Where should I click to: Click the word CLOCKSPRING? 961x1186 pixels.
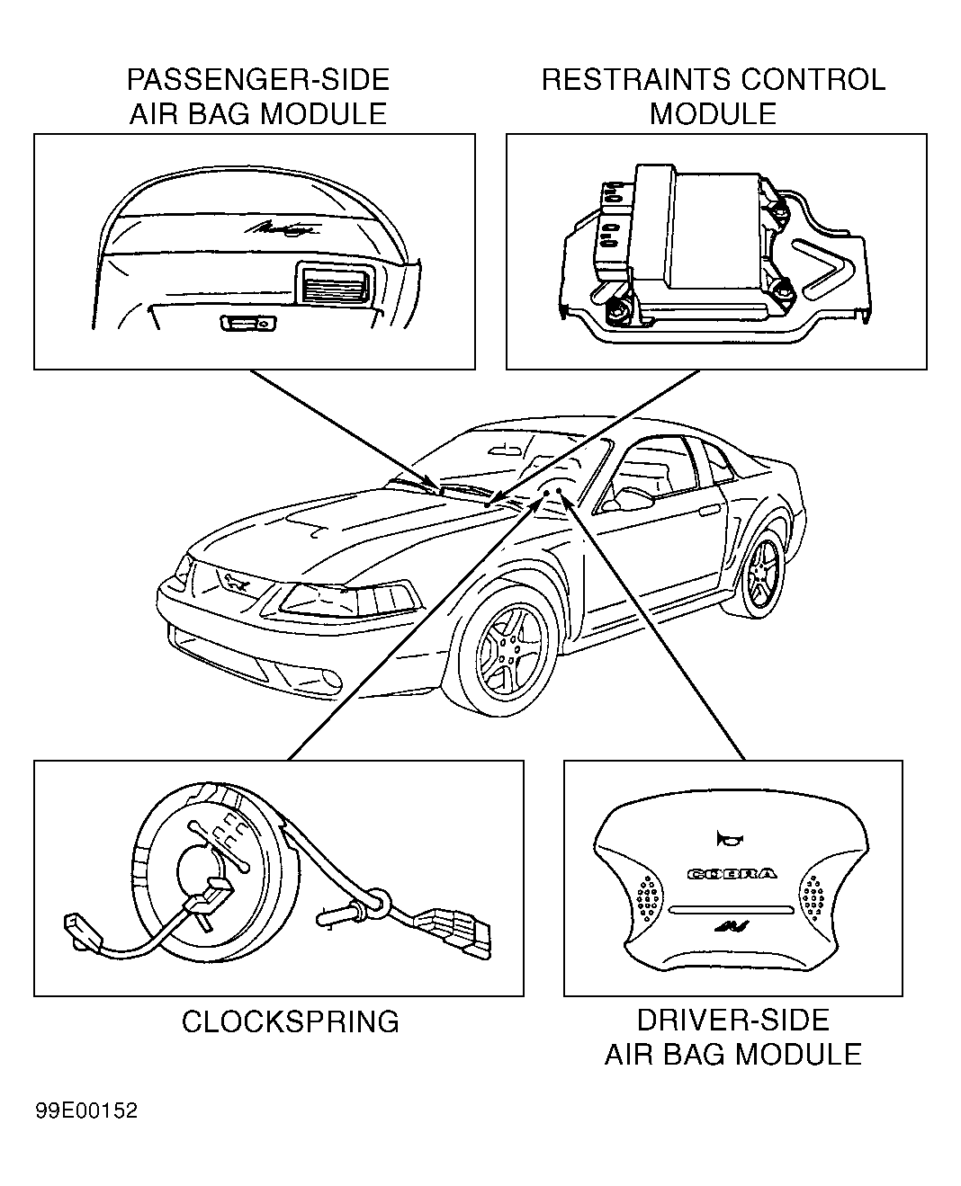(x=291, y=1021)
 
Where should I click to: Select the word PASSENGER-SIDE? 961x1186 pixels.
(x=258, y=80)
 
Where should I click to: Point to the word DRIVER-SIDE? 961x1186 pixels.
(x=733, y=1020)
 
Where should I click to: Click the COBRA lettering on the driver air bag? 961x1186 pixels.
(x=732, y=874)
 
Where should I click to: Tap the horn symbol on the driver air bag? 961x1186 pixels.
(x=729, y=838)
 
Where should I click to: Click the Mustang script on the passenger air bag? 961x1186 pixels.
(x=282, y=227)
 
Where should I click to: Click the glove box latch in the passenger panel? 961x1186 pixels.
(x=248, y=323)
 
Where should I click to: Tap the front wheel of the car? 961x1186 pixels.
(x=508, y=649)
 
